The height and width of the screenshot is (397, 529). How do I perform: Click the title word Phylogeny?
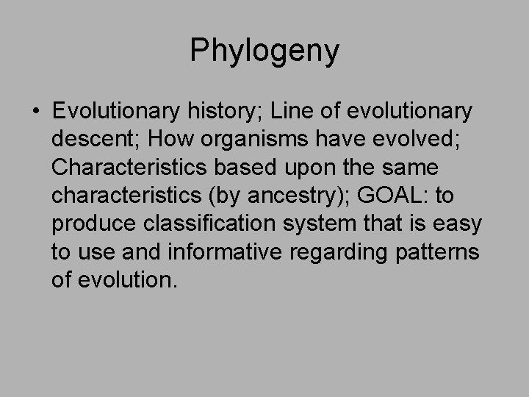(264, 51)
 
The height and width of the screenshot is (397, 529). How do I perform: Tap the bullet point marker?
(36, 112)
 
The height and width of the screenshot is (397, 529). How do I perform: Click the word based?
(249, 167)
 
